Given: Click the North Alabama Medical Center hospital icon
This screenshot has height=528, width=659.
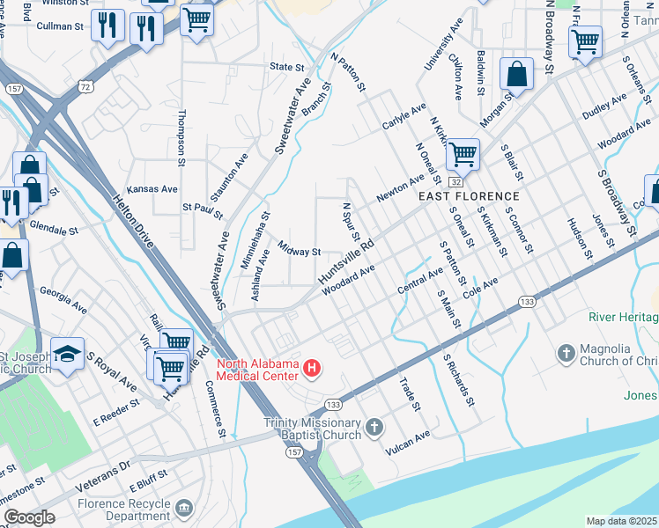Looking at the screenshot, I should tap(310, 366).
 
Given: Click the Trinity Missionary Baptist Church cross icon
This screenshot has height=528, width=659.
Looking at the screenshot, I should tap(374, 429).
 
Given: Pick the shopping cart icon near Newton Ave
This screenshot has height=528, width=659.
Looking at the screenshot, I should tap(462, 156).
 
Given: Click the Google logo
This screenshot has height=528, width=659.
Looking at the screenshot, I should tap(29, 517).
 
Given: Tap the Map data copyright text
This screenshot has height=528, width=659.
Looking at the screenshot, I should tap(621, 521).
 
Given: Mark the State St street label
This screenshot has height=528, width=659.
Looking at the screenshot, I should tap(286, 67).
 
